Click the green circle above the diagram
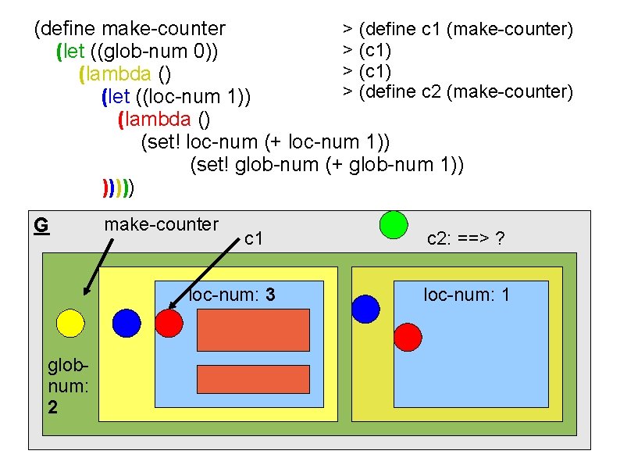click(x=394, y=225)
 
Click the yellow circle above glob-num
click(x=70, y=323)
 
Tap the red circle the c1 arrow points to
click(x=169, y=322)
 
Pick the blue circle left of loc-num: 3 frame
click(x=126, y=322)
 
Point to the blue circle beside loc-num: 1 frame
click(x=365, y=309)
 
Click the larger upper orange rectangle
click(x=243, y=330)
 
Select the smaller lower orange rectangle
click(x=243, y=378)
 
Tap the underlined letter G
click(x=41, y=226)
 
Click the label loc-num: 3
click(x=230, y=295)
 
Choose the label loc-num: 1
click(x=466, y=295)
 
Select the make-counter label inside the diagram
click(x=161, y=225)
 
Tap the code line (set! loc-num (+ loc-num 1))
click(x=264, y=142)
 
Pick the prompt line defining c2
click(x=458, y=91)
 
